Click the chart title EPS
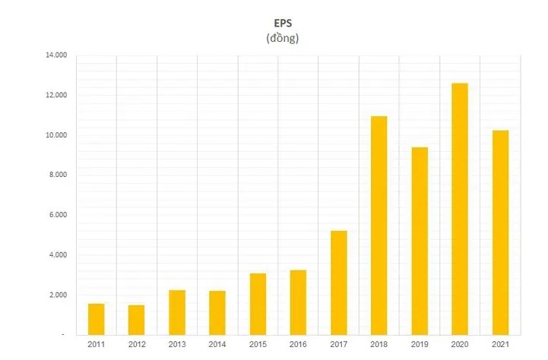tap(282, 23)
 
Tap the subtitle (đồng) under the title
tap(282, 38)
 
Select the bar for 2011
tap(97, 319)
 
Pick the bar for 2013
tap(177, 312)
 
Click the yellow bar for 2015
tap(258, 304)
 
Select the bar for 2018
tap(379, 225)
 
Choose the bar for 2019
tap(419, 241)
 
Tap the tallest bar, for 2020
tap(459, 209)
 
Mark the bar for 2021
tap(499, 232)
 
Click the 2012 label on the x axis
tap(137, 346)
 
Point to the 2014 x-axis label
tap(217, 346)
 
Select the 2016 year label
tap(298, 346)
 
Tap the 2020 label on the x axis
tap(459, 346)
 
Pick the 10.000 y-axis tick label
tap(57, 136)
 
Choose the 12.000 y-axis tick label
tap(57, 96)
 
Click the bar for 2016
tap(298, 302)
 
